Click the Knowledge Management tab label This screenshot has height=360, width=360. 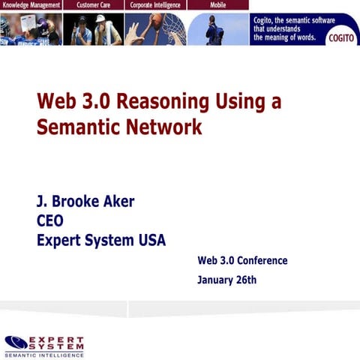click(x=31, y=5)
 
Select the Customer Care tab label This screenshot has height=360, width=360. click(x=94, y=5)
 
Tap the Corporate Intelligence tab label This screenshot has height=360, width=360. click(x=155, y=5)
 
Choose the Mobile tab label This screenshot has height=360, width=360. click(x=218, y=5)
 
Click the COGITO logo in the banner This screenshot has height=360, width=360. click(x=342, y=39)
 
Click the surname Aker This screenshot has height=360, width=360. click(x=118, y=202)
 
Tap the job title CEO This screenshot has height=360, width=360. click(x=50, y=221)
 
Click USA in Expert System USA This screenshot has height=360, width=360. click(x=149, y=241)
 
